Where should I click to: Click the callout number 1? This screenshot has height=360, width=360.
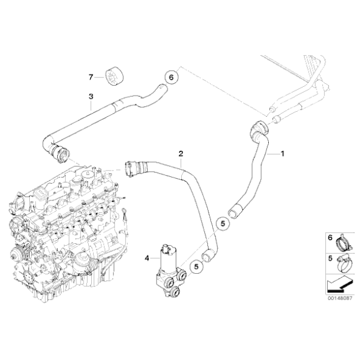[284, 153]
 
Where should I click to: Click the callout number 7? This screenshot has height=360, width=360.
[91, 77]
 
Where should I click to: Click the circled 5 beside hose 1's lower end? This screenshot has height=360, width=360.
[222, 222]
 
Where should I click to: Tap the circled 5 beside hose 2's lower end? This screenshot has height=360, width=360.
[196, 266]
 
